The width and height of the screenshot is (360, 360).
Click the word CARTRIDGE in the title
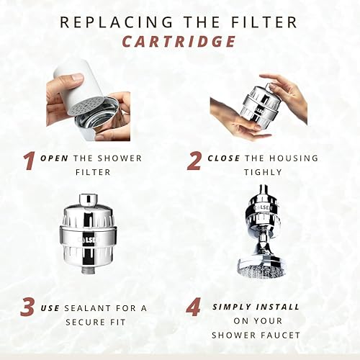click(179, 41)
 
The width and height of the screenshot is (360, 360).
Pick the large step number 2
click(194, 161)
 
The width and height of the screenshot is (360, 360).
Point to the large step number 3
click(27, 307)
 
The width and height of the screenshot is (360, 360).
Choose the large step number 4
click(194, 307)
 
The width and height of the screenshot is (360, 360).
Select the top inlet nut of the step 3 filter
click(89, 200)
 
